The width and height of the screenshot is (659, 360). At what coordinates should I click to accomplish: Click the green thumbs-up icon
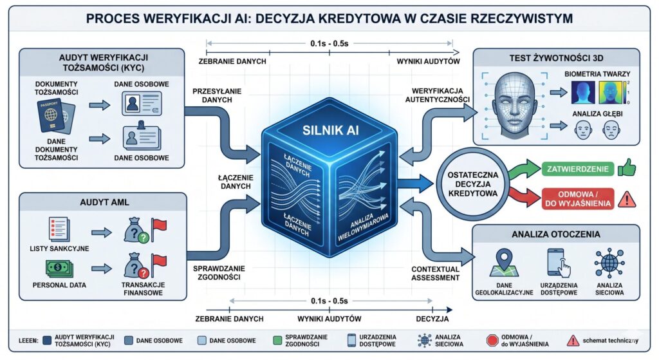point(626,169)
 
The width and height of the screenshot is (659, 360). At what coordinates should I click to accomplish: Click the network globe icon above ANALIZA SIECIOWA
point(608,261)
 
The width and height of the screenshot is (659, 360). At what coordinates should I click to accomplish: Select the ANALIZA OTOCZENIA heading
point(556,233)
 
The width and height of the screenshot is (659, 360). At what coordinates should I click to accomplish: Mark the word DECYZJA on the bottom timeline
point(431,319)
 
